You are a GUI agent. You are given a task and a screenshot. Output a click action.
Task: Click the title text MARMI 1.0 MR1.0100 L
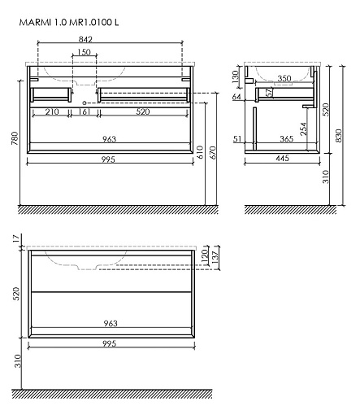point(69,22)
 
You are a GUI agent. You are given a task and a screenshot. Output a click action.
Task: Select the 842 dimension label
point(85,39)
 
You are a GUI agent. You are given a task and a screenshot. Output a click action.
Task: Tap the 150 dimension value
point(84,52)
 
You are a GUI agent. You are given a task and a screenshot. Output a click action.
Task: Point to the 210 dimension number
point(52,111)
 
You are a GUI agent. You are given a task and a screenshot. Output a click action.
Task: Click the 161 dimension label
point(85,111)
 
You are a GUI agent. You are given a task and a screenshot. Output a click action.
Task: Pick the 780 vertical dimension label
point(15,138)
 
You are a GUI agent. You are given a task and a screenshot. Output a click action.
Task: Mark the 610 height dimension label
point(200,152)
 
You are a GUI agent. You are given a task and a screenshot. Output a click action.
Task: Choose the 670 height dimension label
point(213,152)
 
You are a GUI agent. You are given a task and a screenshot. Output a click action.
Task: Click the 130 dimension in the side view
point(236,76)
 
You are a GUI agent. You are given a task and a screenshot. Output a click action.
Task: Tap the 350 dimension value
point(284,78)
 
